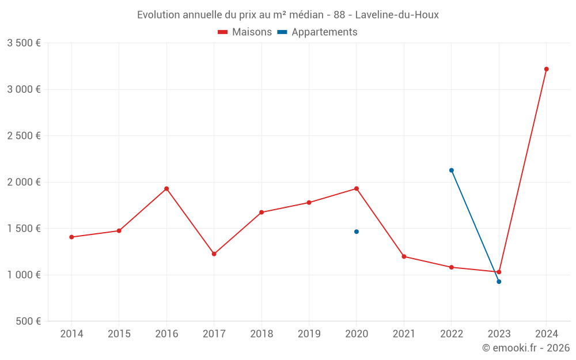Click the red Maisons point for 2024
[546, 69]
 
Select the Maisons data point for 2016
[166, 189]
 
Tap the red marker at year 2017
[214, 254]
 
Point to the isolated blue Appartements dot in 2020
[357, 232]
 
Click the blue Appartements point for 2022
[452, 170]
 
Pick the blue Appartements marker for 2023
[499, 282]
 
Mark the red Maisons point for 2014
[71, 237]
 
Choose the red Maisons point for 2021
[404, 257]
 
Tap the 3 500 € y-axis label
[24, 43]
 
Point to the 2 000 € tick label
[24, 182]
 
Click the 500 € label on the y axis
[27, 321]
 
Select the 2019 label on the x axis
[309, 334]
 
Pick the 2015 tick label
[119, 334]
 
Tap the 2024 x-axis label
[546, 334]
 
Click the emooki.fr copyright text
[526, 348]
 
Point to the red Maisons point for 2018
[262, 213]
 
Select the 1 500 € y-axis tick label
[24, 229]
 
